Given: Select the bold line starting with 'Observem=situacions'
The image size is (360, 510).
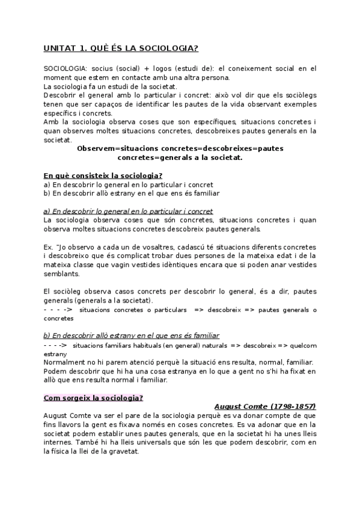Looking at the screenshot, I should pyautogui.click(x=180, y=148).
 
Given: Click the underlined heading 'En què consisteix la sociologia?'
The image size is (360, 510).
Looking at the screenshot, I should pyautogui.click(x=103, y=176).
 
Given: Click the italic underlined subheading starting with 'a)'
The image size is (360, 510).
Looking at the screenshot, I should pyautogui.click(x=129, y=211).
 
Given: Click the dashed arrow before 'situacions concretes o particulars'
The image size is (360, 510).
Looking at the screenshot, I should pyautogui.click(x=58, y=310).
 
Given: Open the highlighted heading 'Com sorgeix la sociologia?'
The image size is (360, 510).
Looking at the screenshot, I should pyautogui.click(x=93, y=398).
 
